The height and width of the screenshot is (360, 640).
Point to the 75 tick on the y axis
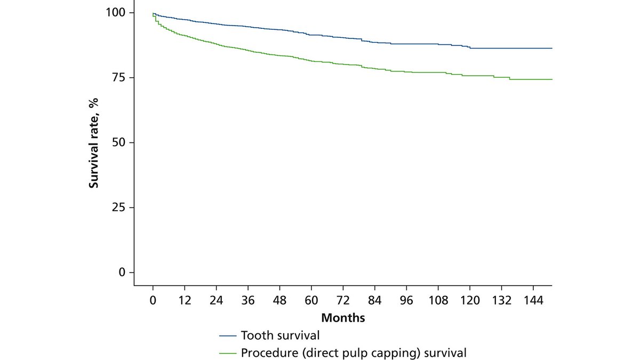119,77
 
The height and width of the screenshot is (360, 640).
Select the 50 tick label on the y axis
119,142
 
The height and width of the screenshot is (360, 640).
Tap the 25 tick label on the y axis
119,207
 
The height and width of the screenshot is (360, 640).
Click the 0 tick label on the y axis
122,273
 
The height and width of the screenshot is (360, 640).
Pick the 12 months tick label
185,300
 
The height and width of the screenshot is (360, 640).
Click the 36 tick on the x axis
248,300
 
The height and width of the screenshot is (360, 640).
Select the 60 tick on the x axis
311,300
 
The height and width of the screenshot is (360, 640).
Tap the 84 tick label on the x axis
375,300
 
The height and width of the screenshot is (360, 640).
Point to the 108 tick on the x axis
438,300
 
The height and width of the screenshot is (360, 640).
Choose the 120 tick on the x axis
470,300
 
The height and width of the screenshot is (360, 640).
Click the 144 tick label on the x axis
533,300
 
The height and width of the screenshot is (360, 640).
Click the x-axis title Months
343,318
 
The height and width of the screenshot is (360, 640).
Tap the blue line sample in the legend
228,336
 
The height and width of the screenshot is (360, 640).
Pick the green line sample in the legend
228,353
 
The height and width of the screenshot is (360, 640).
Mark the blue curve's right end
551,48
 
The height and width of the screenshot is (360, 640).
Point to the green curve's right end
551,79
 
